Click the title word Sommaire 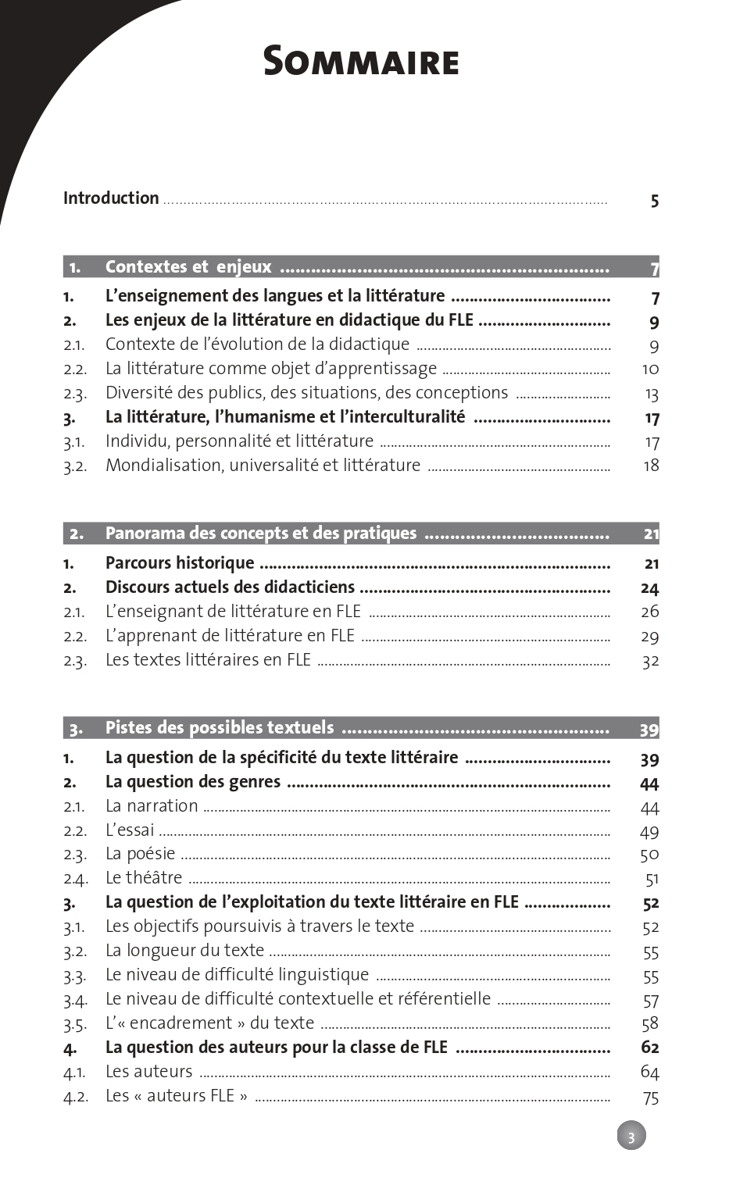tap(361, 61)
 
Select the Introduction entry tap(111, 198)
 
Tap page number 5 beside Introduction tap(654, 202)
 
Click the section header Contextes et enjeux tap(188, 267)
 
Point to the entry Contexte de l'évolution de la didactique tap(257, 344)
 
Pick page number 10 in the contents tap(650, 369)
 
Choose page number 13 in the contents tap(652, 394)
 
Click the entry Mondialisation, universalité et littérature tap(263, 466)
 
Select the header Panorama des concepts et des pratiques tap(261, 534)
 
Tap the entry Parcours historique tap(180, 563)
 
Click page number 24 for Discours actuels tap(649, 589)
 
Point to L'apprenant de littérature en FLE tap(230, 636)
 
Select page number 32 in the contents tap(650, 662)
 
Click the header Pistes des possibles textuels tap(220, 728)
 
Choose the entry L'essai tap(130, 830)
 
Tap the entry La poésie tap(140, 854)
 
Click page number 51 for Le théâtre tap(652, 880)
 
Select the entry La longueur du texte tap(184, 951)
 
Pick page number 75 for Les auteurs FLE tap(651, 1098)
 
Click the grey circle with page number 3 tap(631, 1136)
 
